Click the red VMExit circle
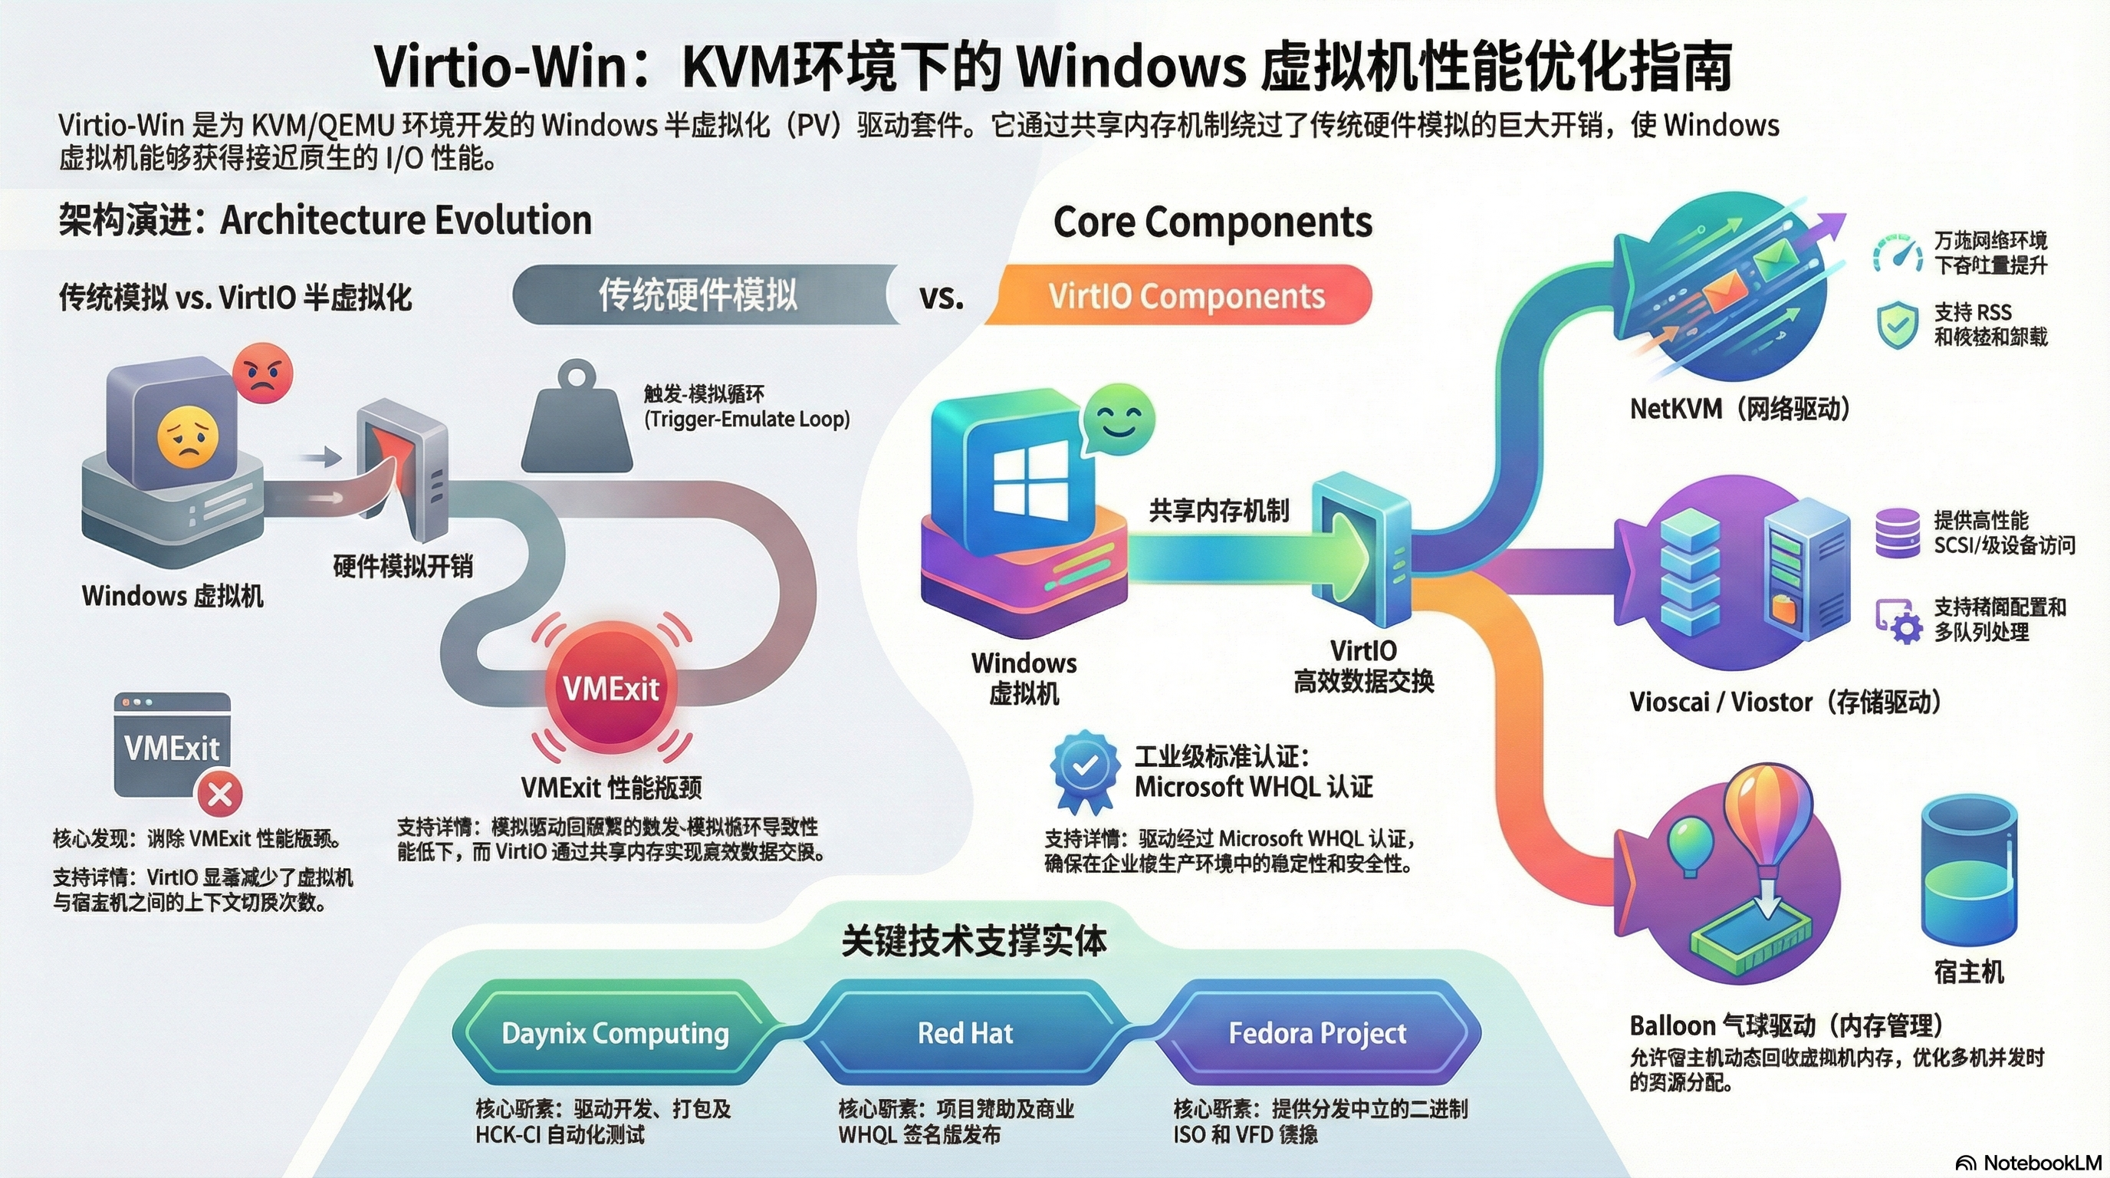point(610,688)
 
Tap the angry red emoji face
point(262,373)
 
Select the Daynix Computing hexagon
point(615,1033)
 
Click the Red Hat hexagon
point(965,1033)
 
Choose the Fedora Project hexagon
point(1317,1033)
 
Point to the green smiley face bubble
point(1118,422)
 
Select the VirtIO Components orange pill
point(1186,296)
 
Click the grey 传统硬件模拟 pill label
point(698,296)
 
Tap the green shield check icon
point(1897,324)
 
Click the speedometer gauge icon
point(1897,254)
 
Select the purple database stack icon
point(1897,533)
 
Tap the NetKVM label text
point(1740,409)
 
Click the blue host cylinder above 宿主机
point(1969,873)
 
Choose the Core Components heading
point(1212,222)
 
